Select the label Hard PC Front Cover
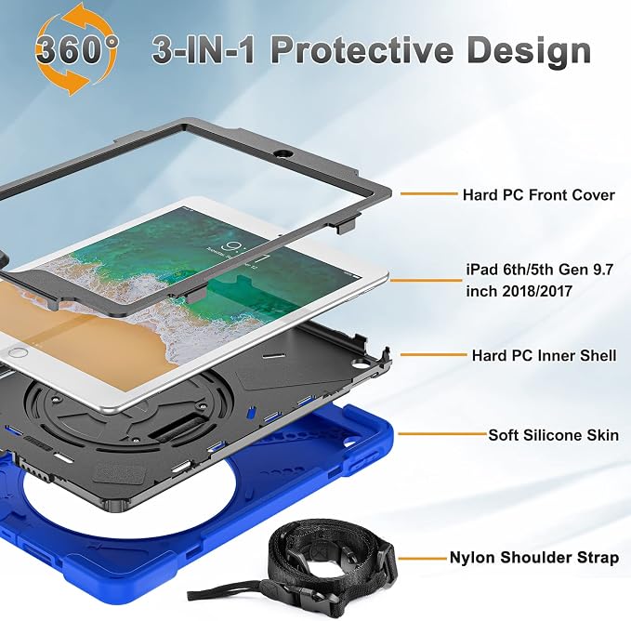point(538,195)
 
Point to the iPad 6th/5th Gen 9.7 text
point(539,270)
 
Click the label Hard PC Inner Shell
point(544,355)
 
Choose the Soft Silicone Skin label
point(553,435)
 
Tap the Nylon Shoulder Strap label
point(534,558)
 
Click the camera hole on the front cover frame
point(284,153)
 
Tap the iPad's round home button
point(18,352)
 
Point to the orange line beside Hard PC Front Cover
point(429,194)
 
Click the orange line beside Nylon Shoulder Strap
point(423,558)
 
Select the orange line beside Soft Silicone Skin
point(441,434)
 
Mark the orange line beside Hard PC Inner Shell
point(433,354)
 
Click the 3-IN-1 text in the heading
point(204,50)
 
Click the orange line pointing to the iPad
point(427,280)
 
